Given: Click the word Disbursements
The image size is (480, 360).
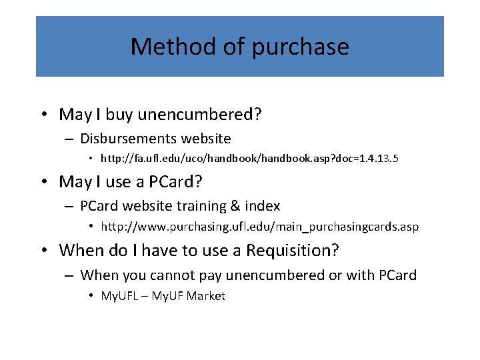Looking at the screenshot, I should pos(126,139).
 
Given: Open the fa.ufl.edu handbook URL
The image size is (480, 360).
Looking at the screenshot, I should pos(249,159).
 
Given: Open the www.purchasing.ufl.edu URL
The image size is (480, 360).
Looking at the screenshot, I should pos(259,227).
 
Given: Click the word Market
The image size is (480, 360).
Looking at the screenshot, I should pos(206,296).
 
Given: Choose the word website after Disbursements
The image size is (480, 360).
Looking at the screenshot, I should pos(204,139).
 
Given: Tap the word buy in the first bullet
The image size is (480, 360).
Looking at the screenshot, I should pos(119,115).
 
